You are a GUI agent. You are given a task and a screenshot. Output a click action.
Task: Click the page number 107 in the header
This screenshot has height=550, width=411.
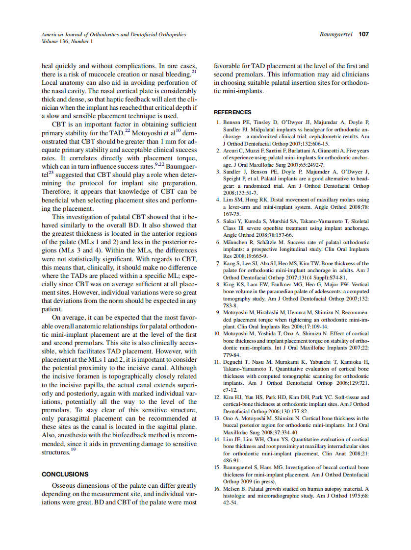tap(363, 34)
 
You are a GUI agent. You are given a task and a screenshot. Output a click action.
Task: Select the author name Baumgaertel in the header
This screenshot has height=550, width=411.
tap(336, 35)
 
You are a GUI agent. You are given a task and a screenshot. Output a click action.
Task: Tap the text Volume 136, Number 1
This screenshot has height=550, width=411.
tap(67, 42)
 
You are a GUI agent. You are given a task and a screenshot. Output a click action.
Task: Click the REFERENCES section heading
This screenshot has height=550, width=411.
tap(232, 112)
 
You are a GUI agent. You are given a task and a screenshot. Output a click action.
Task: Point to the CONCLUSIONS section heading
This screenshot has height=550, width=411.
tap(65, 474)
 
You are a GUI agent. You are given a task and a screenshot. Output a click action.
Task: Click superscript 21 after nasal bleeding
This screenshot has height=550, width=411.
tap(194, 72)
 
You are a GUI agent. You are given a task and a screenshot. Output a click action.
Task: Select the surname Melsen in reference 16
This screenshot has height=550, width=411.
tap(232, 489)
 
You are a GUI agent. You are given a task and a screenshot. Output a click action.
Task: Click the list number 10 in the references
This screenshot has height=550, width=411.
tap(218, 334)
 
